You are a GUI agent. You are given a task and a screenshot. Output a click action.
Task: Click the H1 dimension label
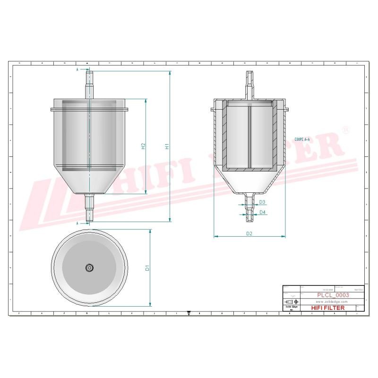pos(166,147)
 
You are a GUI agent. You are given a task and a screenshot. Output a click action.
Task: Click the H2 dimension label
pos(143,146)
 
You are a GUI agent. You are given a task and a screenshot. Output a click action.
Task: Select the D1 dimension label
pos(147,268)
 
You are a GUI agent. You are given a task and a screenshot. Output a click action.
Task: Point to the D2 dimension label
pos(249,233)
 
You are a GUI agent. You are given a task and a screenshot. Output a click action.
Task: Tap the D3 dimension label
pos(262,202)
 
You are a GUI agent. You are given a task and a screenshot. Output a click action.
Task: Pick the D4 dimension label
pos(262,212)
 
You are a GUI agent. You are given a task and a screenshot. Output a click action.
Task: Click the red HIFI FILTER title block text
pos(328,308)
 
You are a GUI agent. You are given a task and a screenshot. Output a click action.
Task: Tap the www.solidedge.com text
pos(331,301)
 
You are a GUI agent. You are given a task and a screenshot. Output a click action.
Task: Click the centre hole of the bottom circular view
pos(89,268)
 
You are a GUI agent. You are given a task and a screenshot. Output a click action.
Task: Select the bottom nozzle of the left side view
pos(89,208)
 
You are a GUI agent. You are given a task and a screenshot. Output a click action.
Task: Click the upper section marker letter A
pos(77,69)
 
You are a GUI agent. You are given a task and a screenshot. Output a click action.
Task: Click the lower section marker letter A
pos(77,223)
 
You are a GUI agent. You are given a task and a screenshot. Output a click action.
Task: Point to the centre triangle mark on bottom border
pos(189,313)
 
